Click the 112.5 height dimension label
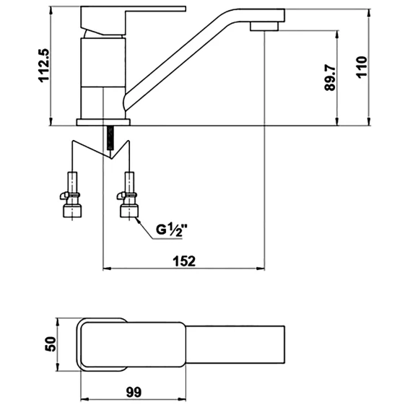coord(43,66)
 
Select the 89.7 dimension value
coord(330,78)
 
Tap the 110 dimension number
coord(362,67)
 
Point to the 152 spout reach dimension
coord(184,261)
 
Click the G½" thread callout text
coord(172,230)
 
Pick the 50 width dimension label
coord(51,344)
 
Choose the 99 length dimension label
coord(134,392)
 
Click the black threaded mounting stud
coord(110,138)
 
